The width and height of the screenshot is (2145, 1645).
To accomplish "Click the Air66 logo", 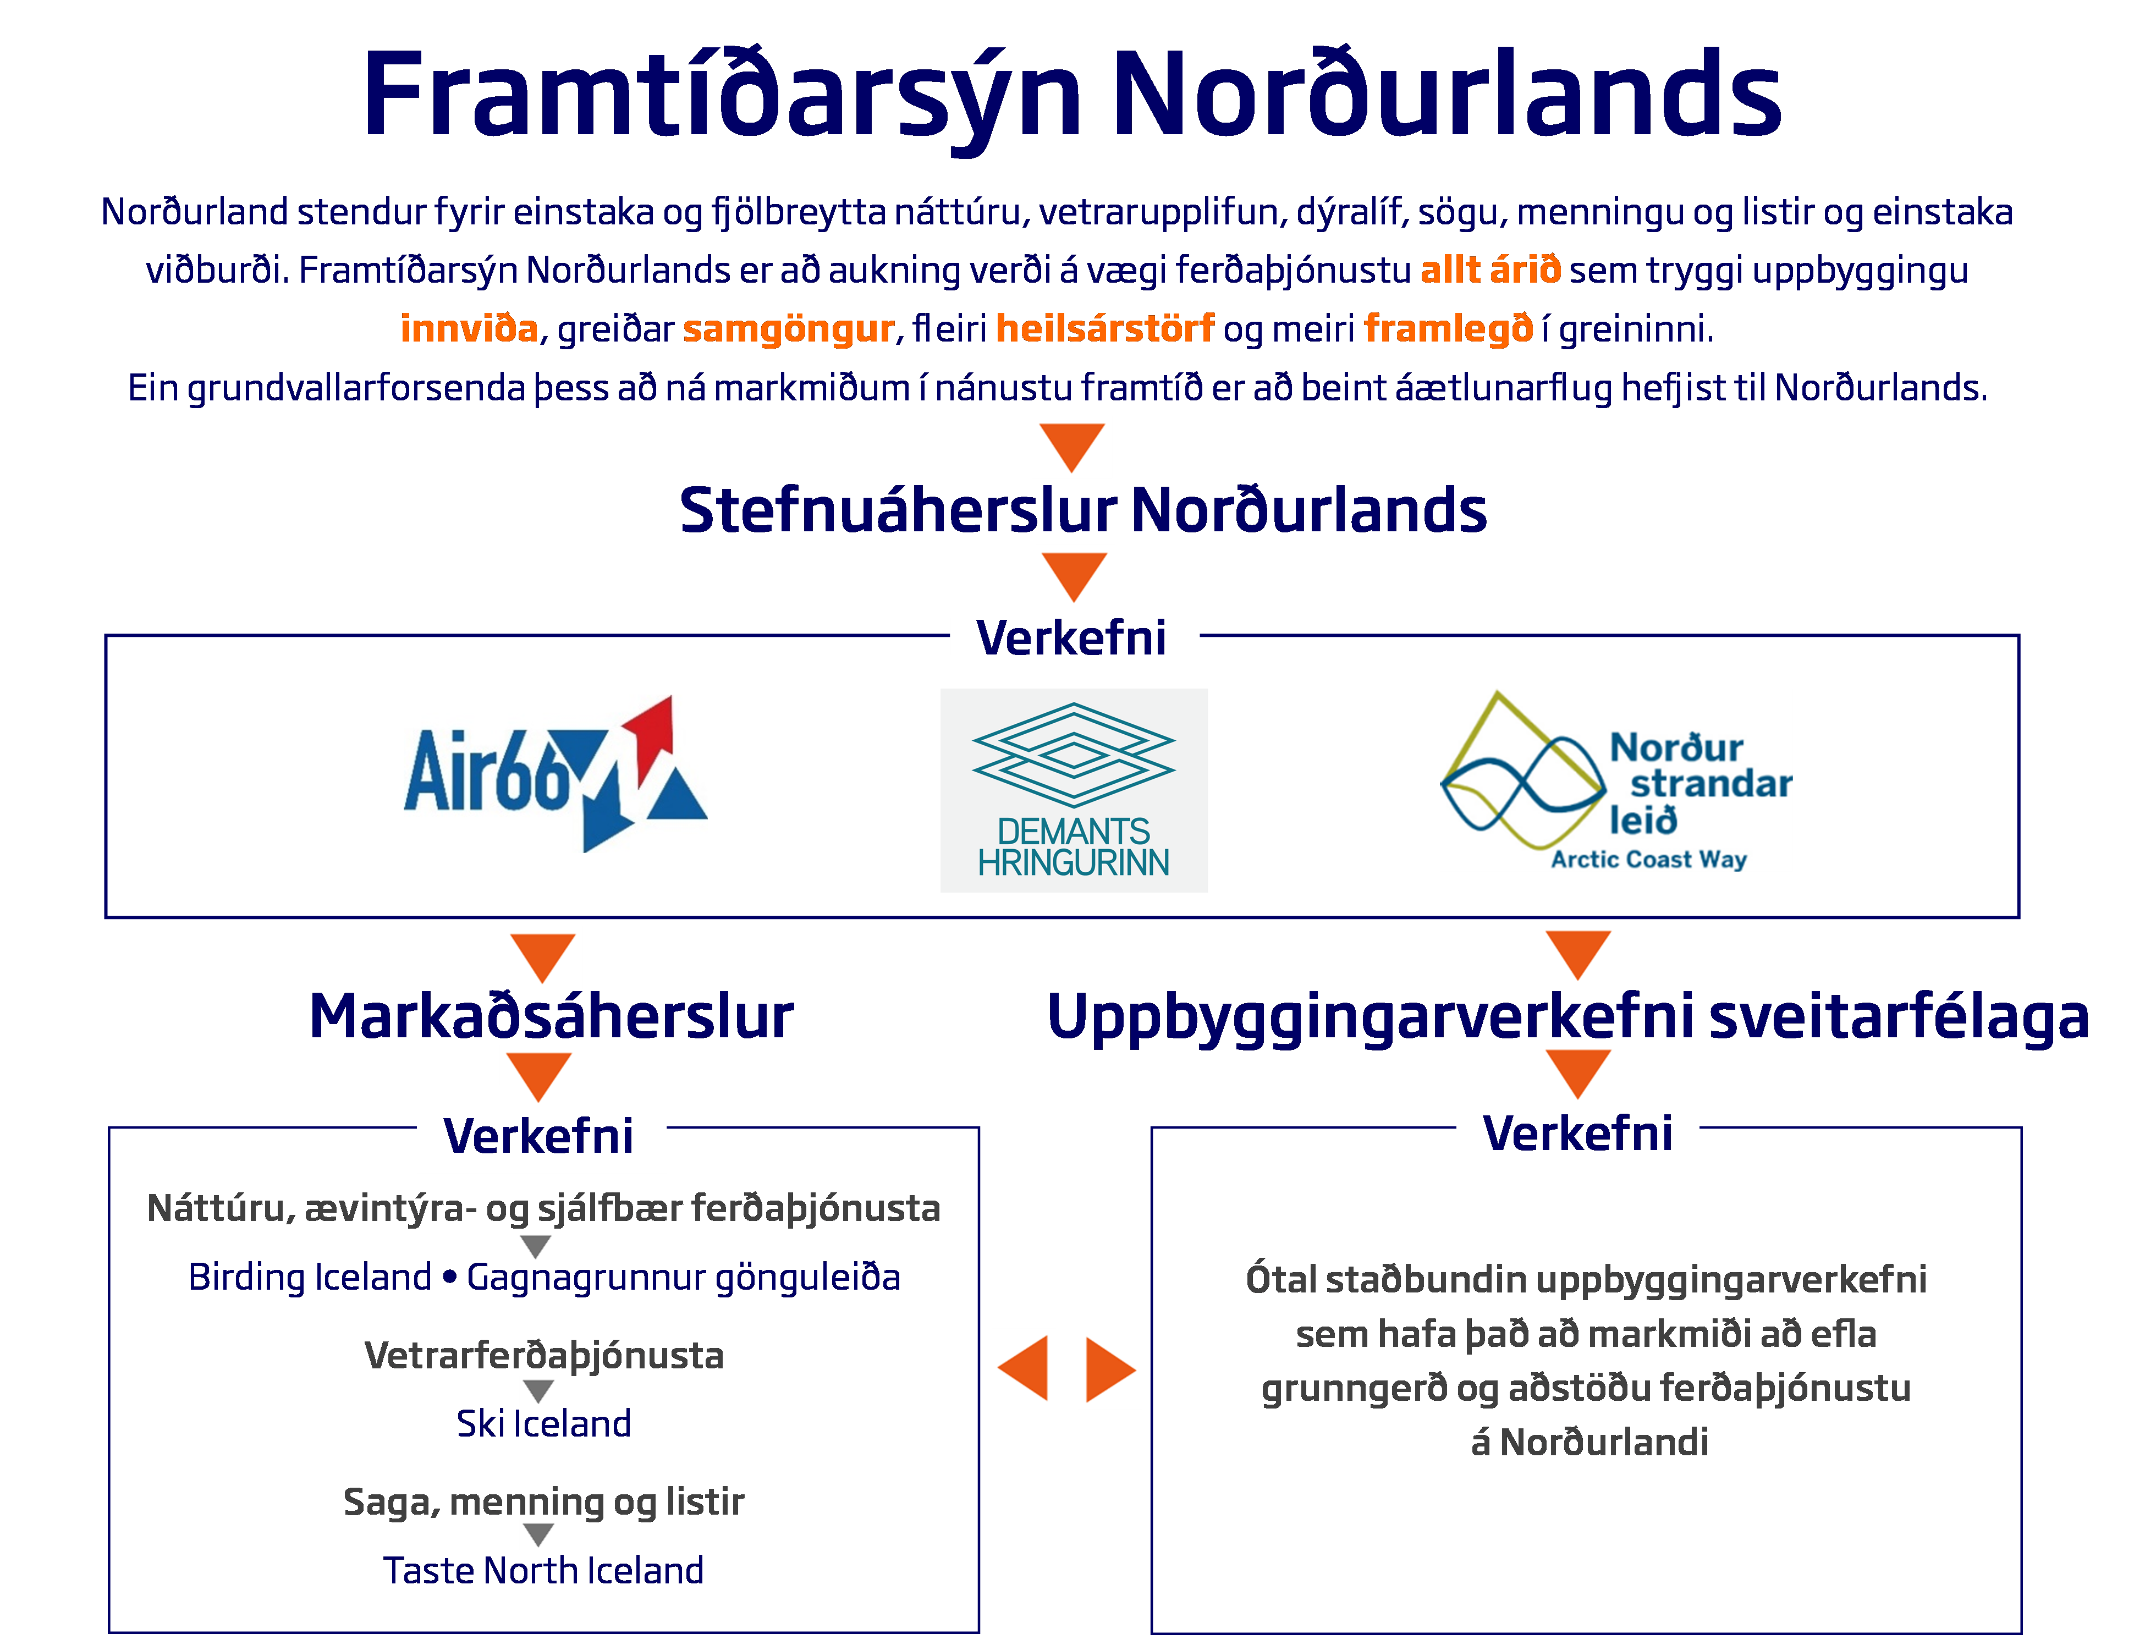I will click(x=555, y=773).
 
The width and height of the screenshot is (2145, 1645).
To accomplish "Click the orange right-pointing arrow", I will click(x=1109, y=1369).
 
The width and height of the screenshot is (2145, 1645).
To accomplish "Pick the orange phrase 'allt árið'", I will click(x=1490, y=269).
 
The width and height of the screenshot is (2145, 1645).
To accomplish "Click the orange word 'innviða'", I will click(x=469, y=328).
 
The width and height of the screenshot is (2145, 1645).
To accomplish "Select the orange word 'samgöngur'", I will click(x=788, y=328).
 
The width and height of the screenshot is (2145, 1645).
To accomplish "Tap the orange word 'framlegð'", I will click(x=1448, y=328).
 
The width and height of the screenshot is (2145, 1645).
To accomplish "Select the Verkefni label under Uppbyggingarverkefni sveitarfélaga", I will click(x=1577, y=1133).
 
